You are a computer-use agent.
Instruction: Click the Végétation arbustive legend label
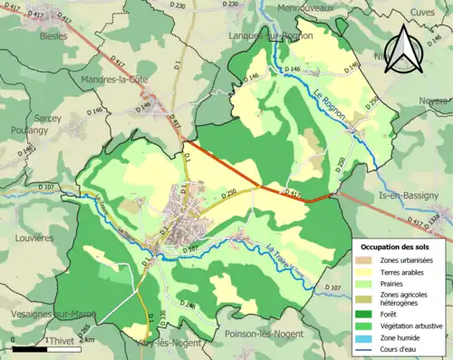(414, 323)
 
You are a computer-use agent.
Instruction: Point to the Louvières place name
(34, 238)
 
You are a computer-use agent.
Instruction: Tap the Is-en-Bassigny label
(413, 195)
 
